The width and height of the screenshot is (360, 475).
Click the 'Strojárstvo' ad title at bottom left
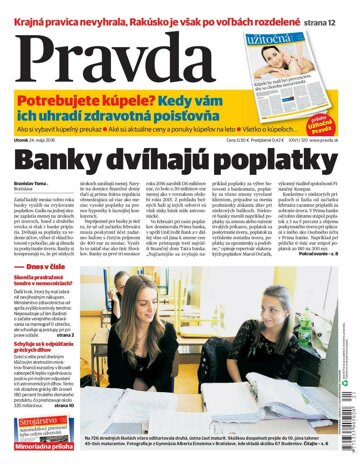tap(37, 424)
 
